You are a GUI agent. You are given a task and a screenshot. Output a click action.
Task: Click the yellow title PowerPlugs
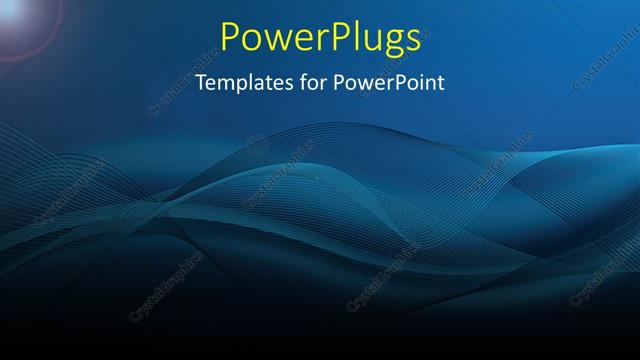pos(319,38)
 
